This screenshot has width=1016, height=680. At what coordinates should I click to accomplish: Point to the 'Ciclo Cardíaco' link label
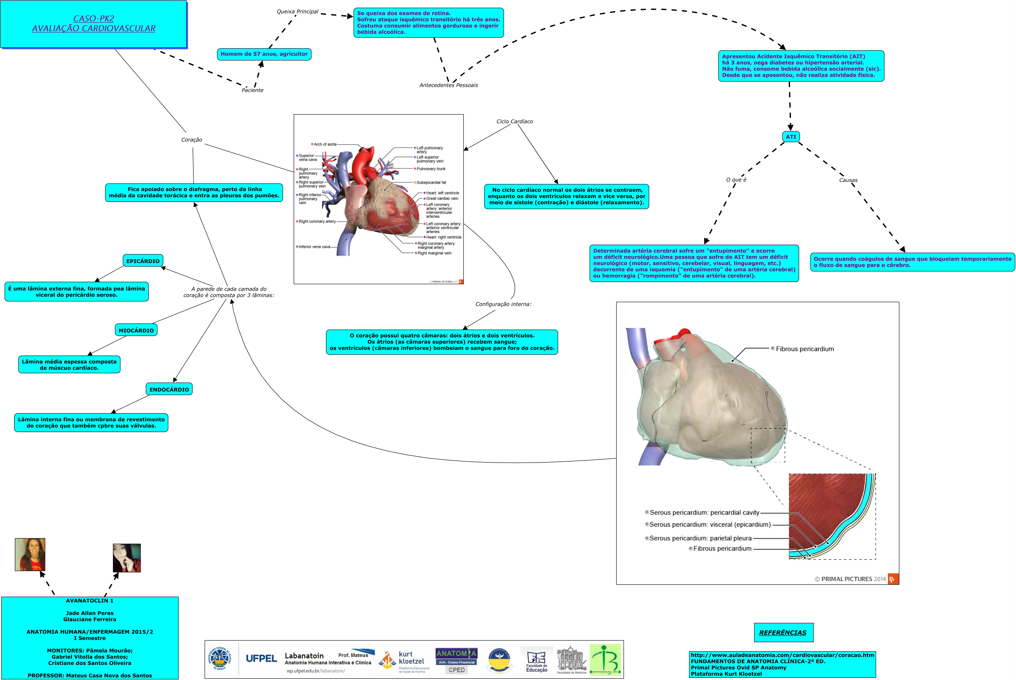pyautogui.click(x=515, y=121)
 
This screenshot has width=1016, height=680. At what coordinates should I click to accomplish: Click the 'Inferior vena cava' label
pyautogui.click(x=314, y=247)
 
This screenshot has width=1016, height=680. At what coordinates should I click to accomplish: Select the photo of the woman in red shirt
pyautogui.click(x=30, y=555)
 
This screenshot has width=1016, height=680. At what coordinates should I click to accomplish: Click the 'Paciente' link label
pyautogui.click(x=252, y=90)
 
